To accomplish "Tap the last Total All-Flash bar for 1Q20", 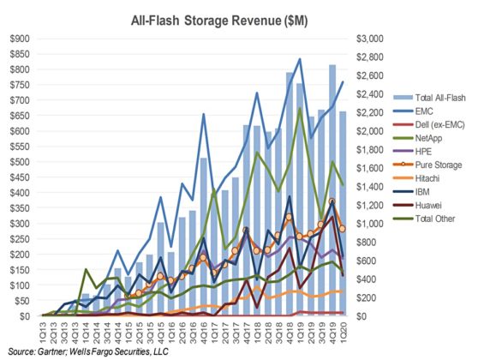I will pyautogui.click(x=343, y=213).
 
